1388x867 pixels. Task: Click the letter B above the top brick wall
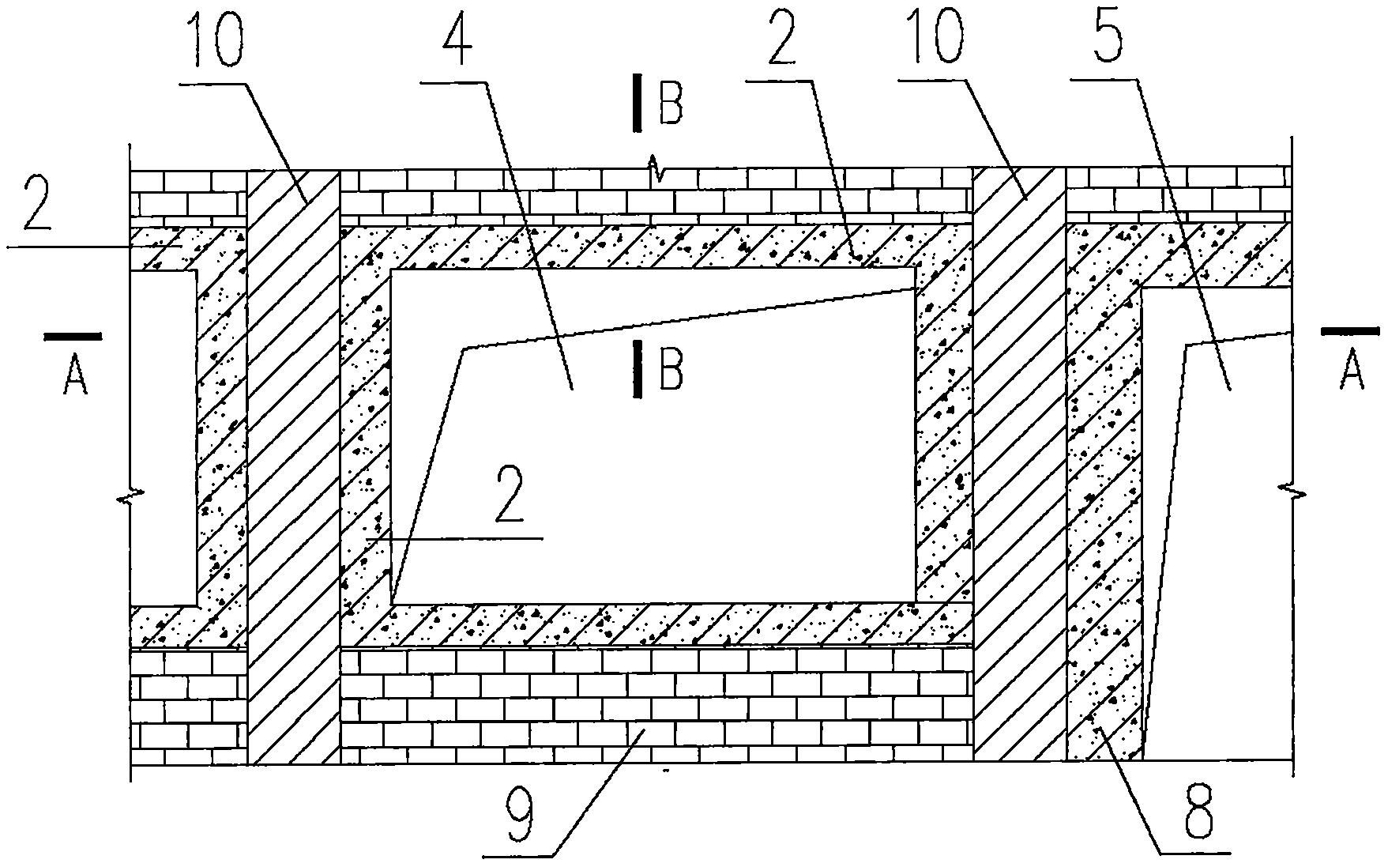pos(671,106)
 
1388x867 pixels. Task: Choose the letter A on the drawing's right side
pos(1352,371)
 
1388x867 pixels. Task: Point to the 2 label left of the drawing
pos(38,205)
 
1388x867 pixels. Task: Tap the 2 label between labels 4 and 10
pos(784,38)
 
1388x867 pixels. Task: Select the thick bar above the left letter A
pos(73,337)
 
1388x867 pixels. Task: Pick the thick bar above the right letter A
pos(1352,330)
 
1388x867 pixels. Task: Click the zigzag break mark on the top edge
pos(654,168)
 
